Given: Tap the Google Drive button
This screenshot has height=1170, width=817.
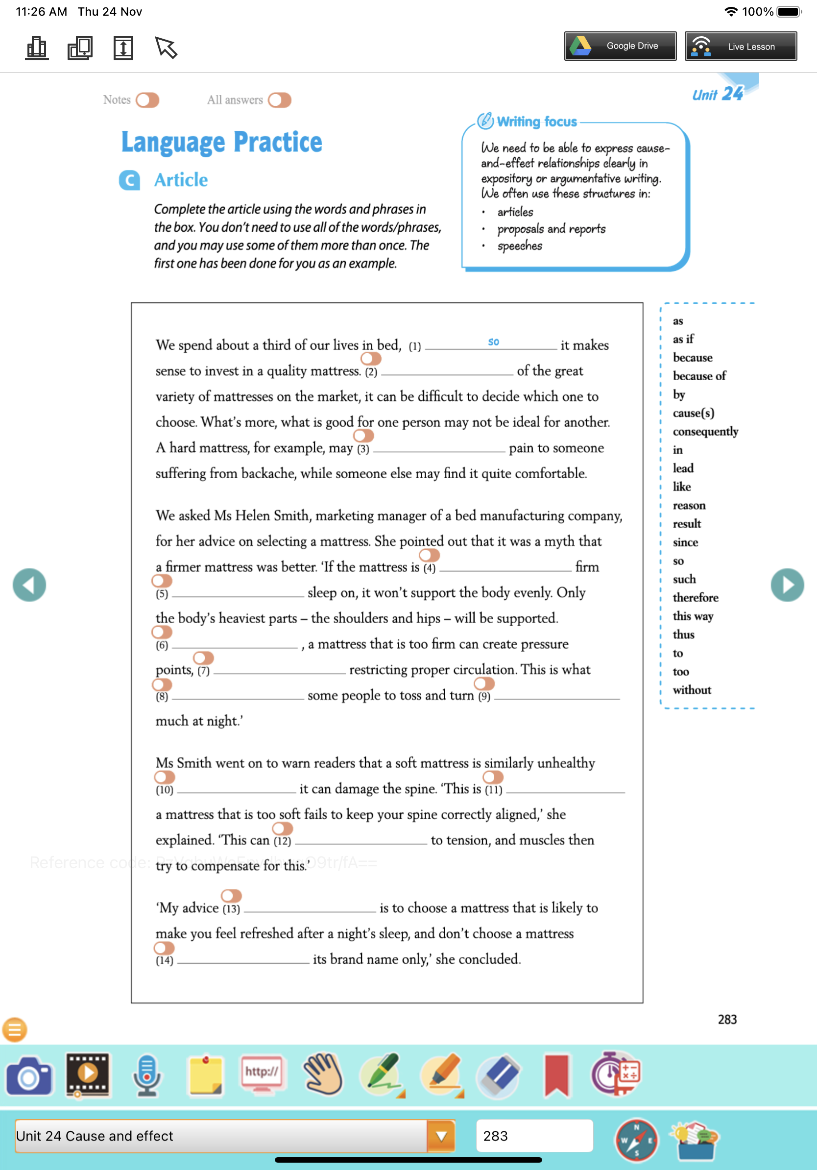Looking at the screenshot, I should [x=620, y=47].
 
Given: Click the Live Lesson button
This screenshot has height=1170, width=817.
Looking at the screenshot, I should [x=740, y=47].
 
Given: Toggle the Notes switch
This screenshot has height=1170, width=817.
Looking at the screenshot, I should [x=147, y=100].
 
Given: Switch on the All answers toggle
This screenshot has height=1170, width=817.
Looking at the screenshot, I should [x=280, y=100].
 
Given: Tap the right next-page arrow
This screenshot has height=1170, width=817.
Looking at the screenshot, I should [x=787, y=585].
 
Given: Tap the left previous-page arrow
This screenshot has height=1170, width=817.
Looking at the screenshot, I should [x=29, y=585].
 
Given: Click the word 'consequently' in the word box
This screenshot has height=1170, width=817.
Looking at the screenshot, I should [x=705, y=432].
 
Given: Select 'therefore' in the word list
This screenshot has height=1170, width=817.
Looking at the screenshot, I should [x=695, y=597].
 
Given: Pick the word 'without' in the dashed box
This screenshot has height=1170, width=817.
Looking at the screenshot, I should [x=692, y=690].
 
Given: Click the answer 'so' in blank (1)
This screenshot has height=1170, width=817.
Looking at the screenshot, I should [x=493, y=342].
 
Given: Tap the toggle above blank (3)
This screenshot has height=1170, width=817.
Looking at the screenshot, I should [x=363, y=436].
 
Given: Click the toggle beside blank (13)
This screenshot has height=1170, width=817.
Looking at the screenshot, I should [x=231, y=895].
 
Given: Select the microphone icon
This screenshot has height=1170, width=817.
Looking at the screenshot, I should [x=146, y=1075].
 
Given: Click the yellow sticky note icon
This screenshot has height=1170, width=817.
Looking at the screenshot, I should [x=205, y=1075].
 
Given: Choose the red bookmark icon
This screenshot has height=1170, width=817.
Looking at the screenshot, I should [x=556, y=1075].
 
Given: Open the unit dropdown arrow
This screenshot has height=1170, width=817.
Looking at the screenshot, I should [x=441, y=1136].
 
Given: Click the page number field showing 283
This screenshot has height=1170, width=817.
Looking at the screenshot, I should [x=534, y=1136].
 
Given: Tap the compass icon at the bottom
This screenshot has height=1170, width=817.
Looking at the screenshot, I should [x=636, y=1140].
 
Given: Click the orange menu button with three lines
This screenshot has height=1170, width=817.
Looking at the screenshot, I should [x=15, y=1030].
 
